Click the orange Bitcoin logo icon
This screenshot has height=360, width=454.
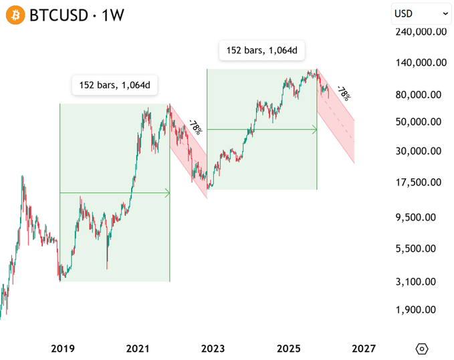click(x=15, y=14)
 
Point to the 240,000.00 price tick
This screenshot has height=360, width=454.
click(x=421, y=31)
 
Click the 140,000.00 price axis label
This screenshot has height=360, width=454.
click(x=421, y=63)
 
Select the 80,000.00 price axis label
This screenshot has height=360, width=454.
click(x=421, y=94)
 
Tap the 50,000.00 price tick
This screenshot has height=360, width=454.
click(x=421, y=122)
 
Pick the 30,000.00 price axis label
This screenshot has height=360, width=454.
click(x=421, y=151)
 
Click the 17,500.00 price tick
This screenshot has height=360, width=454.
click(x=421, y=182)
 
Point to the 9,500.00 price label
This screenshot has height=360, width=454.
click(x=421, y=217)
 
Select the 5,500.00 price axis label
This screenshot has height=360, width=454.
click(x=421, y=248)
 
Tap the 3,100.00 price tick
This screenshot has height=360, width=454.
click(x=421, y=282)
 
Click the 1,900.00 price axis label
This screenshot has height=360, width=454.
click(x=421, y=309)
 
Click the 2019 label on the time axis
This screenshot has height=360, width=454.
click(x=63, y=348)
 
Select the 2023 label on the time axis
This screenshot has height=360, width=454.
click(x=213, y=348)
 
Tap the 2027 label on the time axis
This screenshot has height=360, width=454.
click(x=363, y=348)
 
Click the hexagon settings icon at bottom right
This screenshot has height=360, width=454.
click(x=422, y=349)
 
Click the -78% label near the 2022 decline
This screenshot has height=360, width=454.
click(x=194, y=126)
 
